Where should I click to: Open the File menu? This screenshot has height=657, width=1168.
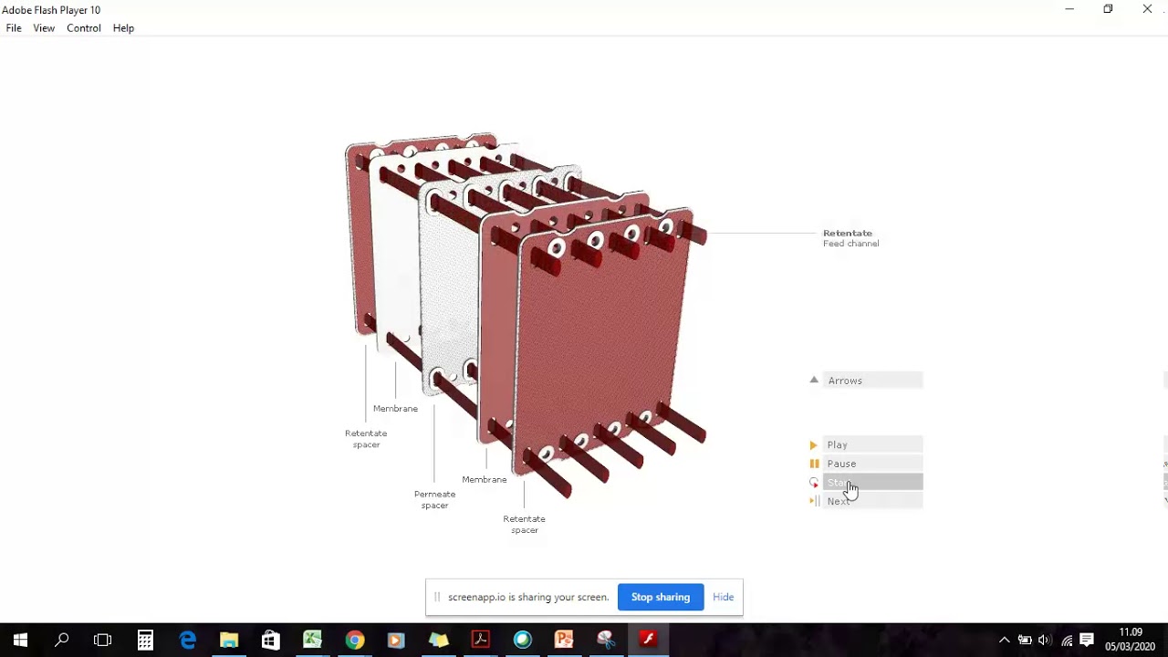click(14, 28)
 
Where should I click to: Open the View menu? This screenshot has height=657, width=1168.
click(44, 28)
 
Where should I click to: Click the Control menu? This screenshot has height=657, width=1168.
click(84, 28)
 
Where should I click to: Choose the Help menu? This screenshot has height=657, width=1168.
click(123, 28)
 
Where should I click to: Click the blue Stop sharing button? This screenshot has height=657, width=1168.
click(661, 597)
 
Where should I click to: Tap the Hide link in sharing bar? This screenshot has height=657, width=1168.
click(723, 597)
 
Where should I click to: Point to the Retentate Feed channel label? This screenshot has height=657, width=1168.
click(850, 238)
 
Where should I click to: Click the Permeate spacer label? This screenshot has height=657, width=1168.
click(434, 500)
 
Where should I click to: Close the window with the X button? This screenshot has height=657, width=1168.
click(1147, 9)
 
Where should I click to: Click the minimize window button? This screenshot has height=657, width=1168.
click(1069, 9)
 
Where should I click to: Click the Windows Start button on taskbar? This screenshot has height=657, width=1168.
click(20, 640)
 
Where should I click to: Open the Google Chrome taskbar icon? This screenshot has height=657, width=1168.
click(354, 640)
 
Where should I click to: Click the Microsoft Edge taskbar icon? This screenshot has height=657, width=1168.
click(187, 640)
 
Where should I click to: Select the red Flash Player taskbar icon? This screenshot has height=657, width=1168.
click(648, 640)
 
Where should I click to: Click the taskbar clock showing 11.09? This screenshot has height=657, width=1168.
click(1130, 640)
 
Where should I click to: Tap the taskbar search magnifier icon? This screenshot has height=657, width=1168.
click(62, 640)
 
